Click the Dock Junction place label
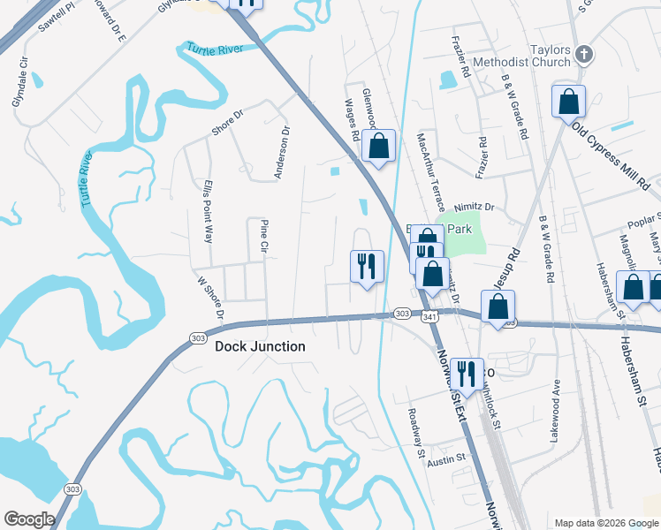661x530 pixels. pyautogui.click(x=260, y=347)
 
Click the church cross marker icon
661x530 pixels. pyautogui.click(x=583, y=55)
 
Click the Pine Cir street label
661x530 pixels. pyautogui.click(x=263, y=237)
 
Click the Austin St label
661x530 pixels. pyautogui.click(x=446, y=459)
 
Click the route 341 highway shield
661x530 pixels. pyautogui.click(x=429, y=314)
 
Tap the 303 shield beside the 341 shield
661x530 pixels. pyautogui.click(x=402, y=314)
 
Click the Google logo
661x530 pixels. pyautogui.click(x=29, y=519)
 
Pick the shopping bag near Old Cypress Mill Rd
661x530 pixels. pyautogui.click(x=568, y=101)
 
